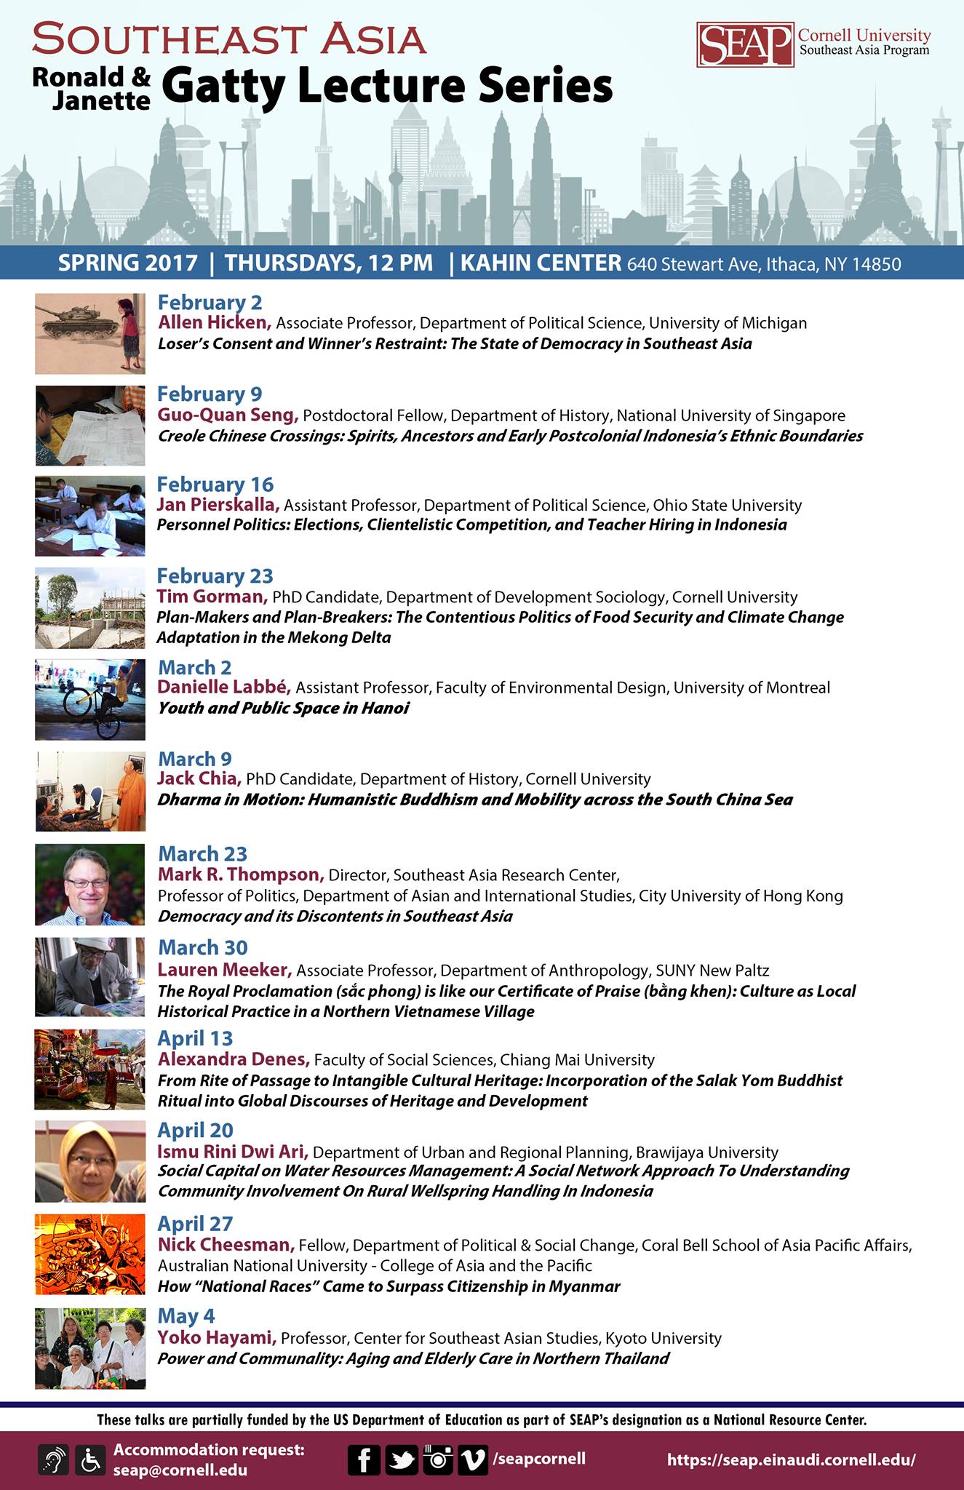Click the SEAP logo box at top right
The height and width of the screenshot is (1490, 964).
click(x=744, y=44)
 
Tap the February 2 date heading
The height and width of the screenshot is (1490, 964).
click(x=210, y=303)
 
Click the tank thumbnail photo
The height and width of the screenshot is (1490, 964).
click(x=89, y=334)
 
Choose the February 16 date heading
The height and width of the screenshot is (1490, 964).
click(x=215, y=485)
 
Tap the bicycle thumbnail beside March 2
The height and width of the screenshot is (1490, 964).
click(x=89, y=700)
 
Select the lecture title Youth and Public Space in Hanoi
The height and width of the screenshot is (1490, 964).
click(x=283, y=708)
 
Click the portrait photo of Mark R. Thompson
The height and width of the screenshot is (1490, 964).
click(x=89, y=884)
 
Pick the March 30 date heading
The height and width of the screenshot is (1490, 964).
click(x=202, y=947)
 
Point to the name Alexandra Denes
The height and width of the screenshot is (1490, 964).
click(x=234, y=1059)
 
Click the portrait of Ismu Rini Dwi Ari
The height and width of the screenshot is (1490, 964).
click(x=89, y=1161)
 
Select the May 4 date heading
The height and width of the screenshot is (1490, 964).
click(x=186, y=1316)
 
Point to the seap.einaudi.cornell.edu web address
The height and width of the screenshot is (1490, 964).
click(x=791, y=1459)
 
